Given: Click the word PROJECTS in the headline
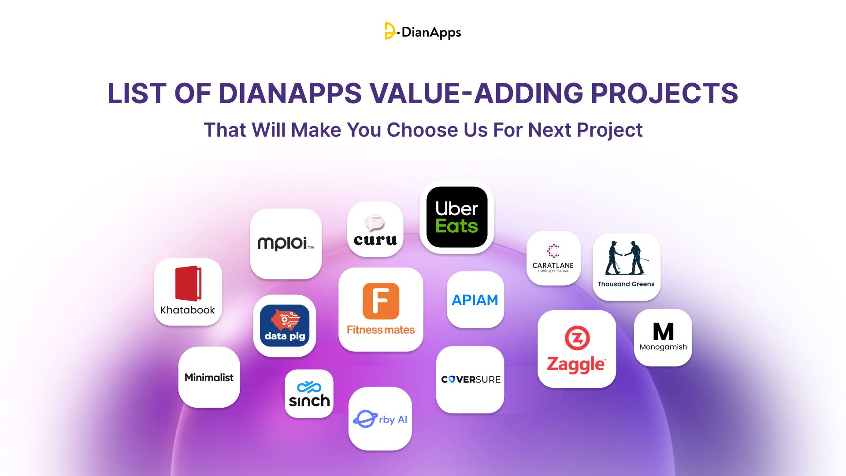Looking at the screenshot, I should click(664, 93).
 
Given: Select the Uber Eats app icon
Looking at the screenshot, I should click(457, 217).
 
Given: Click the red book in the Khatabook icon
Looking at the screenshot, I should click(188, 283).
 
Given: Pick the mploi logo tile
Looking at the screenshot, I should click(286, 243).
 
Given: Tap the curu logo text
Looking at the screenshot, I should click(375, 240).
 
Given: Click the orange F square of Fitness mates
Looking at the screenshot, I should click(381, 301).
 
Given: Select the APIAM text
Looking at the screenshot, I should click(475, 300).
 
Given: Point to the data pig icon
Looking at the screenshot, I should click(285, 326).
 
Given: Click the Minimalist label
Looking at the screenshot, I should click(209, 378).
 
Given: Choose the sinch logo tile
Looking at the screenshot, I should click(309, 394).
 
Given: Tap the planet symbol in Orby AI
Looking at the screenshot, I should click(365, 419).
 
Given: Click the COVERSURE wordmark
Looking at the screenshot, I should click(471, 379).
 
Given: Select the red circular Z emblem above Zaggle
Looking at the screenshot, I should click(577, 338).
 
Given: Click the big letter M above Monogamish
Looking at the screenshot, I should click(663, 332).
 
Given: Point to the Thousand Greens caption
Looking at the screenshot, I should click(626, 284).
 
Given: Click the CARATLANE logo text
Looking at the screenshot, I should click(553, 265).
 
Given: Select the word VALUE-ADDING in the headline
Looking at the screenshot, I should click(476, 93).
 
